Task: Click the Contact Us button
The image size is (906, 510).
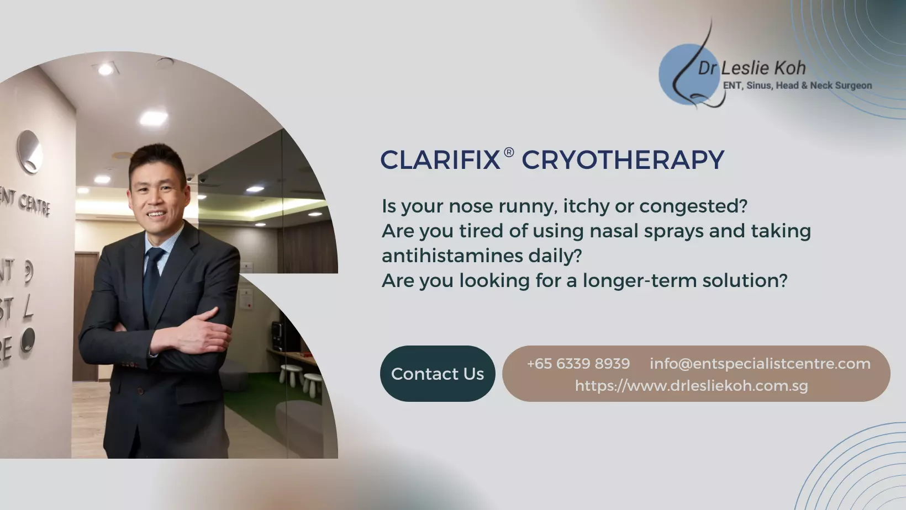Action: pyautogui.click(x=437, y=374)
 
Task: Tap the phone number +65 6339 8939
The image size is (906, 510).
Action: pyautogui.click(x=578, y=364)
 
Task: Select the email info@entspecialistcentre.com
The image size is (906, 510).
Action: pyautogui.click(x=760, y=364)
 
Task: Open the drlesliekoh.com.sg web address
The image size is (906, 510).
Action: pyautogui.click(x=691, y=386)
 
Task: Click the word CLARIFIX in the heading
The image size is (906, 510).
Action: pyautogui.click(x=440, y=160)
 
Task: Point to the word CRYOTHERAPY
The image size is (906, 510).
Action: pyautogui.click(x=623, y=160)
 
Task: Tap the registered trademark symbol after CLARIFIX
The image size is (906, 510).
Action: pyautogui.click(x=509, y=152)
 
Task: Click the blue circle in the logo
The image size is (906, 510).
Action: pyautogui.click(x=689, y=75)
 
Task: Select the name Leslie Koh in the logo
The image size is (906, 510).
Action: pyautogui.click(x=763, y=68)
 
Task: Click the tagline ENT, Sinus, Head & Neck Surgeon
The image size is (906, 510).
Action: pyautogui.click(x=797, y=86)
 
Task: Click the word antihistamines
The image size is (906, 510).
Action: pyautogui.click(x=452, y=256)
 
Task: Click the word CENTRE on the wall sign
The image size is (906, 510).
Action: pyautogui.click(x=34, y=205)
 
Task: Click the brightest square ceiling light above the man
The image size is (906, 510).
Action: pyautogui.click(x=153, y=118)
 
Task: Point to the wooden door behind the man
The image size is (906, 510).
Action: pyautogui.click(x=86, y=315)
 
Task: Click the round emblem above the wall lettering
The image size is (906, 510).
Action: pyautogui.click(x=29, y=152)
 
